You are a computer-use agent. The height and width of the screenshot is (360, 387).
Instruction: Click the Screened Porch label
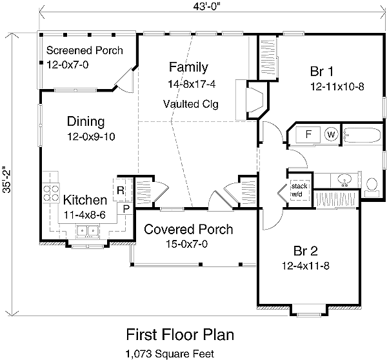(84, 50)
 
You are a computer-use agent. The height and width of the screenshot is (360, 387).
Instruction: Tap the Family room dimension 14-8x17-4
(192, 85)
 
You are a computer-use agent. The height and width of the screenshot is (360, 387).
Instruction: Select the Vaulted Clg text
(191, 104)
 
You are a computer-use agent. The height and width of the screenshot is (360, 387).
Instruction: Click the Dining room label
(86, 121)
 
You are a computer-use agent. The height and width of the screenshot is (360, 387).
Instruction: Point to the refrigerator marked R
(121, 190)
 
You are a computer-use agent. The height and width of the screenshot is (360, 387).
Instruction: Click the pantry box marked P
(126, 209)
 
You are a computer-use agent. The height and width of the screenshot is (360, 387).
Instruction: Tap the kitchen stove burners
(51, 193)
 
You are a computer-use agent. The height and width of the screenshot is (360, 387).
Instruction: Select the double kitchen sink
(88, 232)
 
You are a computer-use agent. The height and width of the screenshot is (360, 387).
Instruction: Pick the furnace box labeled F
(308, 134)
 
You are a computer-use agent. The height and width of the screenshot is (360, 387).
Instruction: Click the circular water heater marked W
(331, 135)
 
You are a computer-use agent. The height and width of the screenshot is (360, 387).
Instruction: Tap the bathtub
(362, 135)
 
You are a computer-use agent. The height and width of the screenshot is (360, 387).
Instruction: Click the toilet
(372, 187)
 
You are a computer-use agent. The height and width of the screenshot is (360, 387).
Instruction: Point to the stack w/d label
(299, 190)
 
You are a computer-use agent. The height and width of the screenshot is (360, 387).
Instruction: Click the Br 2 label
(306, 251)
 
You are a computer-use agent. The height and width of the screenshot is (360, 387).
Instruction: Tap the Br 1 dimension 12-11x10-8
(337, 86)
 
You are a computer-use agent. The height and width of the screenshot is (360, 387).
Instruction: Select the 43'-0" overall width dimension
(206, 6)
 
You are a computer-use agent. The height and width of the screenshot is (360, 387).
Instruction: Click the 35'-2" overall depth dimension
(6, 175)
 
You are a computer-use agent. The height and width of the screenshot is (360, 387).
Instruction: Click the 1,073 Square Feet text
(170, 354)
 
